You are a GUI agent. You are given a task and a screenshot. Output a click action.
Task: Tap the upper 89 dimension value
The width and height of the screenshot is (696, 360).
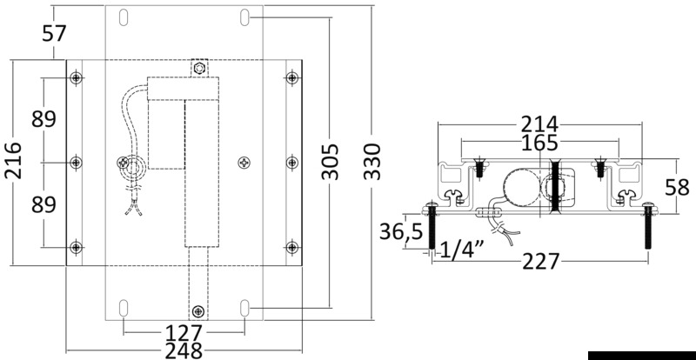click(x=44, y=119)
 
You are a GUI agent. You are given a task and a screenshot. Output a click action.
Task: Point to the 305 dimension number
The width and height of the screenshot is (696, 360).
click(x=331, y=162)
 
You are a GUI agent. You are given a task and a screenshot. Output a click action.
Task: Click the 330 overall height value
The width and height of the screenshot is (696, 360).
click(x=371, y=162)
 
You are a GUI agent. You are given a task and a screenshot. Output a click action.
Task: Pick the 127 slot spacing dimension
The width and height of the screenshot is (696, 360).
click(x=184, y=333)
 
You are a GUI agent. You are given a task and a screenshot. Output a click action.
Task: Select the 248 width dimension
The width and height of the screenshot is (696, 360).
click(x=184, y=350)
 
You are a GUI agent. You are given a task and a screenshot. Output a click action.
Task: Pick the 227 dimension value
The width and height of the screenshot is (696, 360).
click(x=557, y=260)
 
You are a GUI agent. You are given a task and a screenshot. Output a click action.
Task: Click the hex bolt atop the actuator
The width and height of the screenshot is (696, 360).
click(x=200, y=68)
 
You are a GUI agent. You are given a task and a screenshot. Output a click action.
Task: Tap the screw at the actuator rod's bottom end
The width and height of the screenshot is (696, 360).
click(x=200, y=311)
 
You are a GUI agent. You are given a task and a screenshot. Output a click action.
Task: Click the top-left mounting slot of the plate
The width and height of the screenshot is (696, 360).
click(x=123, y=17)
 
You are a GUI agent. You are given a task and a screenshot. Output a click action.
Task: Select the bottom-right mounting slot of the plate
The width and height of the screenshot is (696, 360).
click(x=246, y=306)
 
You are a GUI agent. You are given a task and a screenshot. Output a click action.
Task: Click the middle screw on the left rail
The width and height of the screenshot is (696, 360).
click(x=77, y=163)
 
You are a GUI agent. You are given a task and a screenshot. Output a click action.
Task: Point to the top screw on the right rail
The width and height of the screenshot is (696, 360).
click(x=291, y=79)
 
